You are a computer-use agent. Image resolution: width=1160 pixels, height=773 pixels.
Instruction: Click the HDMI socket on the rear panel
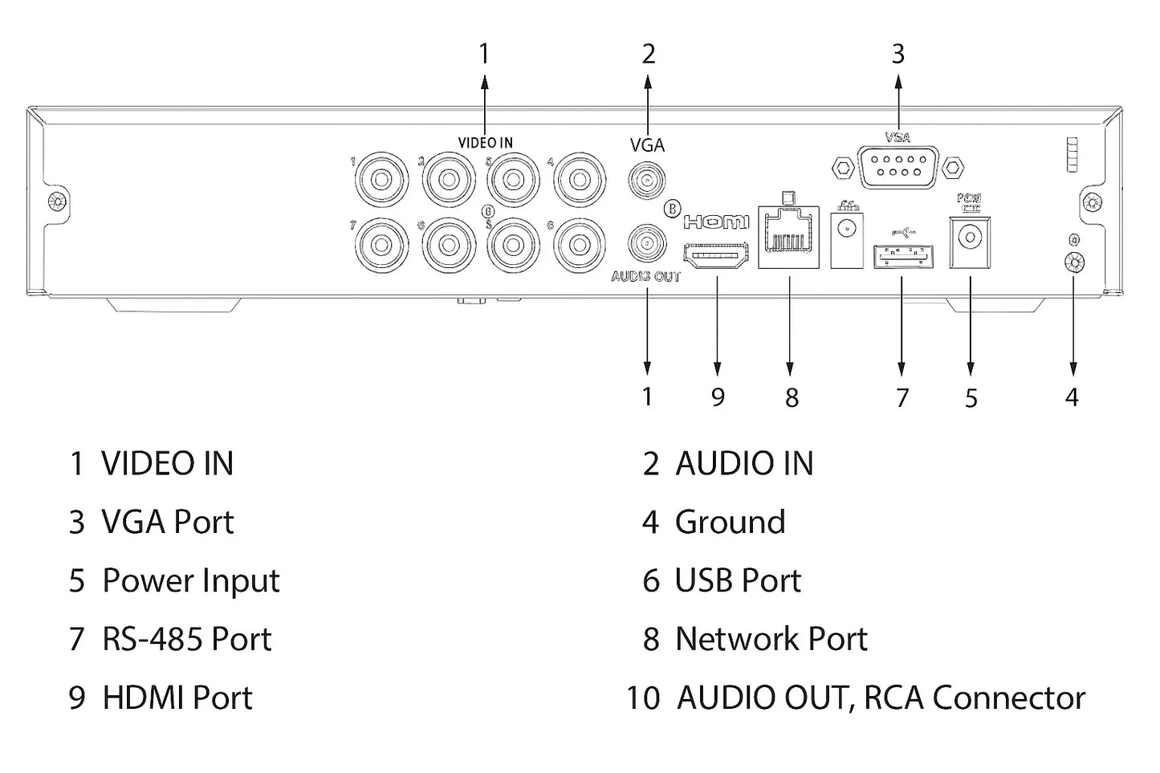pyautogui.click(x=715, y=257)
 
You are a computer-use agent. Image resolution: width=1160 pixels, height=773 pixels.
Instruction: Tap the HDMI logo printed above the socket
pyautogui.click(x=715, y=221)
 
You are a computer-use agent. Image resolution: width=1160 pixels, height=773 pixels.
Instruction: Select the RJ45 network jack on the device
pyautogui.click(x=788, y=236)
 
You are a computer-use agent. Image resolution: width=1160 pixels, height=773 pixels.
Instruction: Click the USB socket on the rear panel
pyautogui.click(x=902, y=254)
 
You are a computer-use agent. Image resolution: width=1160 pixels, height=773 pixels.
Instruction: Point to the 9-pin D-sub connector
pyautogui.click(x=897, y=169)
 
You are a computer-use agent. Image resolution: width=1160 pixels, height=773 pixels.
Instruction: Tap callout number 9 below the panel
pyautogui.click(x=718, y=397)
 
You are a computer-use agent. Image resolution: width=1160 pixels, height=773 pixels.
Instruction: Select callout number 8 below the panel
pyautogui.click(x=792, y=397)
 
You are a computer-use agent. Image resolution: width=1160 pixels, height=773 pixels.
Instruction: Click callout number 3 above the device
pyautogui.click(x=897, y=55)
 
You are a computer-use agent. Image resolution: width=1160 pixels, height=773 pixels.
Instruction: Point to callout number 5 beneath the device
pyautogui.click(x=971, y=397)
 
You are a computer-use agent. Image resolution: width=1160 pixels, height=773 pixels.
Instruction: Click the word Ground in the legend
pyautogui.click(x=730, y=522)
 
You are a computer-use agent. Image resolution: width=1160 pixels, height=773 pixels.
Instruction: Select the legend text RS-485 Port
pyautogui.click(x=187, y=639)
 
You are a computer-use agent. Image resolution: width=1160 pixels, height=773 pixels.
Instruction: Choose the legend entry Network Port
pyautogui.click(x=771, y=639)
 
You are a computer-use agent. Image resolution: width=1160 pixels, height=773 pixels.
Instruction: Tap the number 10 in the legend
pyautogui.click(x=643, y=698)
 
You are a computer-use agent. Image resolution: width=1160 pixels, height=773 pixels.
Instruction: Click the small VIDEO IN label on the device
pyautogui.click(x=485, y=143)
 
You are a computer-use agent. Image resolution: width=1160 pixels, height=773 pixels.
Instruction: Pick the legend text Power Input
pyautogui.click(x=191, y=580)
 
